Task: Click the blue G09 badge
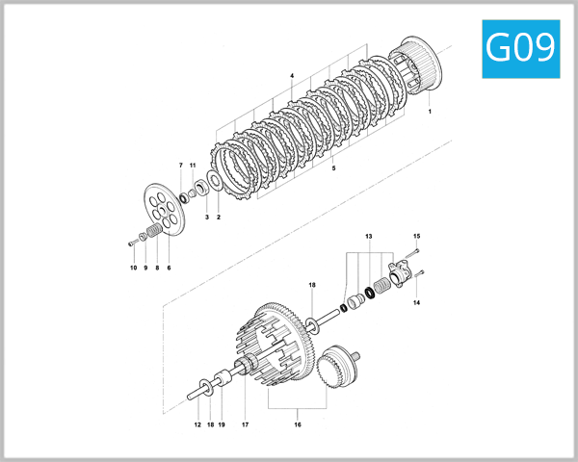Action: point(520,47)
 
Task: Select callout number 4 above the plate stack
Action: point(291,75)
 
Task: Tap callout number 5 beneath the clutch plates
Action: point(333,168)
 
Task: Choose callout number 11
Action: point(193,167)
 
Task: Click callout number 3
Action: point(206,218)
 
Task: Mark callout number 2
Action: point(219,218)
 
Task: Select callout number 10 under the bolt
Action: point(133,268)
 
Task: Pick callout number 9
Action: point(145,268)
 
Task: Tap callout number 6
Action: point(169,268)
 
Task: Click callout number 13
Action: point(368,236)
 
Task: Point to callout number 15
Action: point(417,236)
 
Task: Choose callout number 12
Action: point(197,424)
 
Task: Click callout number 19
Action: point(221,424)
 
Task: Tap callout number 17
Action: point(246,424)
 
